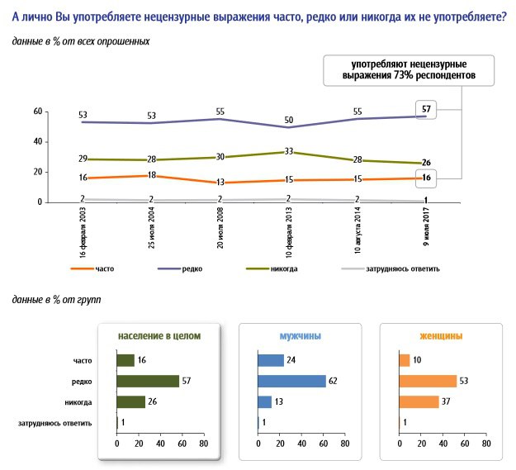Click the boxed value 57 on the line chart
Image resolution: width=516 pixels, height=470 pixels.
[426, 109]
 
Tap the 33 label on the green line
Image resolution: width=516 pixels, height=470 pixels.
[289, 151]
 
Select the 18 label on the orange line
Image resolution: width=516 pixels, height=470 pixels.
[151, 175]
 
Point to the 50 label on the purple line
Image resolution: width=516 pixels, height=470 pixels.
[289, 120]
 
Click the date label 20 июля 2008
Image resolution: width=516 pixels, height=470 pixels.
[220, 227]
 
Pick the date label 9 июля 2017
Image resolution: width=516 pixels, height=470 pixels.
[426, 226]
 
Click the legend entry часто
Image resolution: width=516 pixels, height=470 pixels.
[92, 268]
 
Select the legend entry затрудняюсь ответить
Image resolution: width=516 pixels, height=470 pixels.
[391, 268]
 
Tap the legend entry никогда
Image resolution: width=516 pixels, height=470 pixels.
[272, 268]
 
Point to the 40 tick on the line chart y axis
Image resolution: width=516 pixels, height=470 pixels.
[38, 141]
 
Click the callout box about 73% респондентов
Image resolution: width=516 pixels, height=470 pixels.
[409, 70]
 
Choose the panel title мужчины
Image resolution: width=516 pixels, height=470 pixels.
[301, 335]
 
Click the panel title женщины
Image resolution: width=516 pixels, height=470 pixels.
[441, 335]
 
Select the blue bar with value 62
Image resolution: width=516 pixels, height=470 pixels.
[292, 381]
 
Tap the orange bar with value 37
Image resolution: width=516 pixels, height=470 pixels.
[419, 402]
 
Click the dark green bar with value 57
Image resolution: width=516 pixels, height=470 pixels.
[148, 381]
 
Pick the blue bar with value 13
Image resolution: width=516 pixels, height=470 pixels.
[265, 402]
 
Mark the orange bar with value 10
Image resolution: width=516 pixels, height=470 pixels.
[405, 360]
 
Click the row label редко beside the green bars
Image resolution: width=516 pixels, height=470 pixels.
[82, 382]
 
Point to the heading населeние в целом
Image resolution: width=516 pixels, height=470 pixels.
[159, 335]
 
